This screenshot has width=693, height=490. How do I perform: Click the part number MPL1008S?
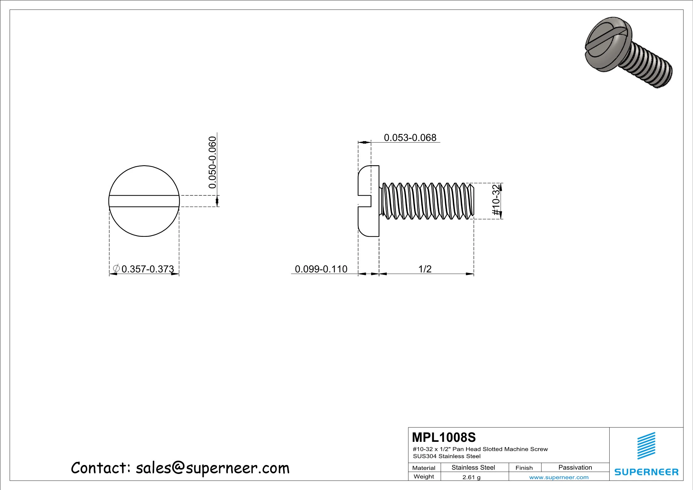[444, 438]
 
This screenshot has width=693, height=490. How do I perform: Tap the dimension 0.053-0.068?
[410, 138]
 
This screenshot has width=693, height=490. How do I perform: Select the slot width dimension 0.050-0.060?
[213, 162]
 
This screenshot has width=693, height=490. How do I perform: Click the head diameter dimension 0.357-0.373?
[148, 269]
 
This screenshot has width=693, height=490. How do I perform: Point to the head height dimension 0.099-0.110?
[321, 269]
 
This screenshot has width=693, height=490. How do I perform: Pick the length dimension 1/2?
[425, 269]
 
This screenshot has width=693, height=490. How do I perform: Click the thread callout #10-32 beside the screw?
[496, 200]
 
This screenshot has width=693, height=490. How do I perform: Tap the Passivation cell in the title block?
[575, 467]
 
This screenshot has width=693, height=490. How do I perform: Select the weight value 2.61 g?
[471, 477]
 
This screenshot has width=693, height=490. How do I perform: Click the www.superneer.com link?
[559, 477]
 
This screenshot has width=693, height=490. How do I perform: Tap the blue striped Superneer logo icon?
[646, 446]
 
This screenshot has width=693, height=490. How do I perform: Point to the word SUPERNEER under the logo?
[646, 472]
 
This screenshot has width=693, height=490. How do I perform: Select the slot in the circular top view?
[144, 201]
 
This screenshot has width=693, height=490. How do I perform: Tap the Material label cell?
[424, 468]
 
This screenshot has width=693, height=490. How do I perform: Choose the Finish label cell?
[524, 468]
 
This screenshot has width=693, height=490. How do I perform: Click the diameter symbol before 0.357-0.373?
[116, 268]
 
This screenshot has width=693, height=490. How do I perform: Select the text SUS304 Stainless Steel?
[447, 456]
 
